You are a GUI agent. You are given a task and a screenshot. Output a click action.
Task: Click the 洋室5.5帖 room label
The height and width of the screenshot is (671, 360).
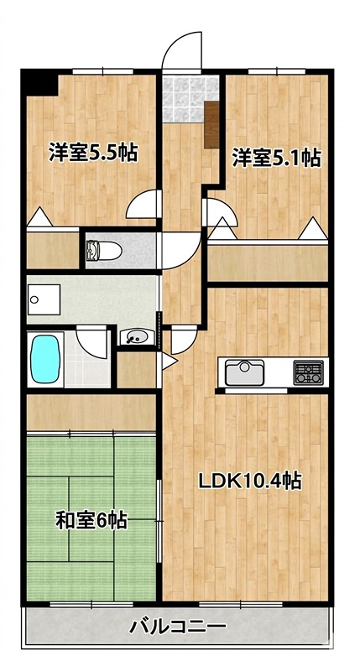pyautogui.click(x=92, y=153)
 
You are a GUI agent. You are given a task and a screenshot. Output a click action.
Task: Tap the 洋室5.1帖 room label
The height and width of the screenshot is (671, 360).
pyautogui.click(x=275, y=157)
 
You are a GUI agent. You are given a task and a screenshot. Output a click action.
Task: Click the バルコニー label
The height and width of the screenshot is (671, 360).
pyautogui.click(x=177, y=626)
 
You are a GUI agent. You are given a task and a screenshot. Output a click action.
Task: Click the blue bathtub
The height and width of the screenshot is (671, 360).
pyautogui.click(x=45, y=358)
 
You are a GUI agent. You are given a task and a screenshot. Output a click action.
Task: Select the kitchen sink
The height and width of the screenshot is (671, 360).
pyautogui.click(x=244, y=371)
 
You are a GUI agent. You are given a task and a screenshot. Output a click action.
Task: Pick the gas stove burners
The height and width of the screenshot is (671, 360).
pyautogui.click(x=308, y=371)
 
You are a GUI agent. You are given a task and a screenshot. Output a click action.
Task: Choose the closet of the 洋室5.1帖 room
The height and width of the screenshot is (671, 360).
pyautogui.click(x=267, y=262)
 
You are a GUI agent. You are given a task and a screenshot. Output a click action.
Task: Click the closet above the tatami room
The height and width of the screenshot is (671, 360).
pyautogui.click(x=91, y=412)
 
